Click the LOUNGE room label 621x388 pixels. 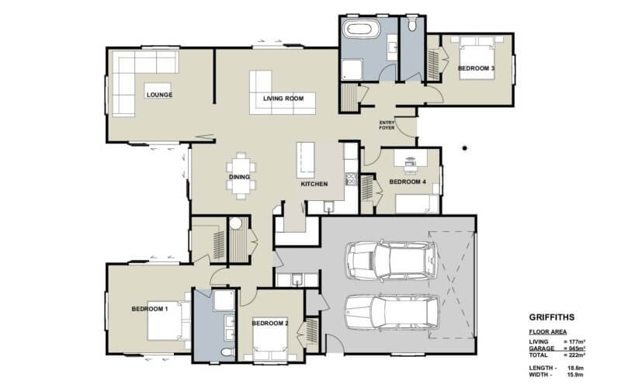pos(158,95)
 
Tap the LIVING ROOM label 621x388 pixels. pos(283,99)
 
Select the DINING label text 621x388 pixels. pos(239,177)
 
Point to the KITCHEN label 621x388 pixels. pos(314,183)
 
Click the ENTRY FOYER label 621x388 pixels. pos(387,125)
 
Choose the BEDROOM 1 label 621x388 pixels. pos(149,309)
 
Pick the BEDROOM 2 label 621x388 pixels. pos(270,323)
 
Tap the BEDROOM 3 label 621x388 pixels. pos(476,69)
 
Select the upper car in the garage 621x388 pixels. pos(392,258)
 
